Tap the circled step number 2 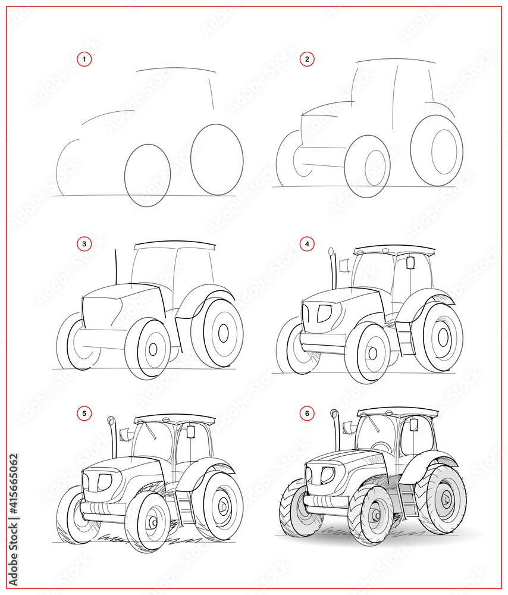click(307, 59)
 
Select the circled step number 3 click(84, 243)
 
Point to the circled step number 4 click(307, 243)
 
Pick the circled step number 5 click(84, 413)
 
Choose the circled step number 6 click(307, 413)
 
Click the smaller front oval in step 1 click(148, 175)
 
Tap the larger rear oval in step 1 click(217, 159)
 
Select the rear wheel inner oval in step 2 click(445, 151)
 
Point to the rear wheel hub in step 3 click(223, 333)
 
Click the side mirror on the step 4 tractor click(410, 262)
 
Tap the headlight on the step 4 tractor click(324, 313)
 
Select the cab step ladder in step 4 click(405, 339)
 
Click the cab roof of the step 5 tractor click(174, 419)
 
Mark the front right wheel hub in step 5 click(152, 522)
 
